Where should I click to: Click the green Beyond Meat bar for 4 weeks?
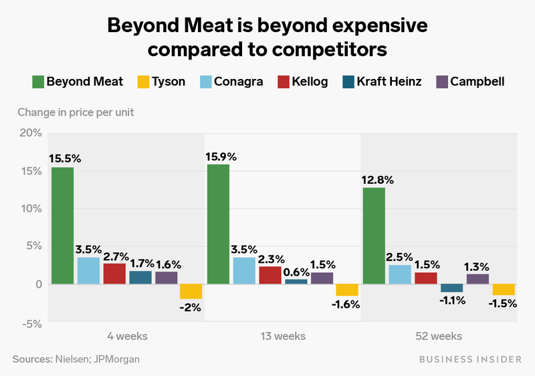point(63,225)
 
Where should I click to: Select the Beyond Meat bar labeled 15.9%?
point(219,224)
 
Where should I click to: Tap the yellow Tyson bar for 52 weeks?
point(504,290)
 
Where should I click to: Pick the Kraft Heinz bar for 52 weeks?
point(451,288)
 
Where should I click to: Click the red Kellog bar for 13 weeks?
point(270,276)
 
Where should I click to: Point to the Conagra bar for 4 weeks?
point(89,271)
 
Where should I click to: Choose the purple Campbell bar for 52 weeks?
point(477,279)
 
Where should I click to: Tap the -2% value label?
point(191,308)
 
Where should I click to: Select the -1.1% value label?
point(451,301)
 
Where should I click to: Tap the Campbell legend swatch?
point(441,82)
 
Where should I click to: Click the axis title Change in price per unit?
point(76,112)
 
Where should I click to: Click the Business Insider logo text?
point(470,359)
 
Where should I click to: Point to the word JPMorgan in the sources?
point(114,359)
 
